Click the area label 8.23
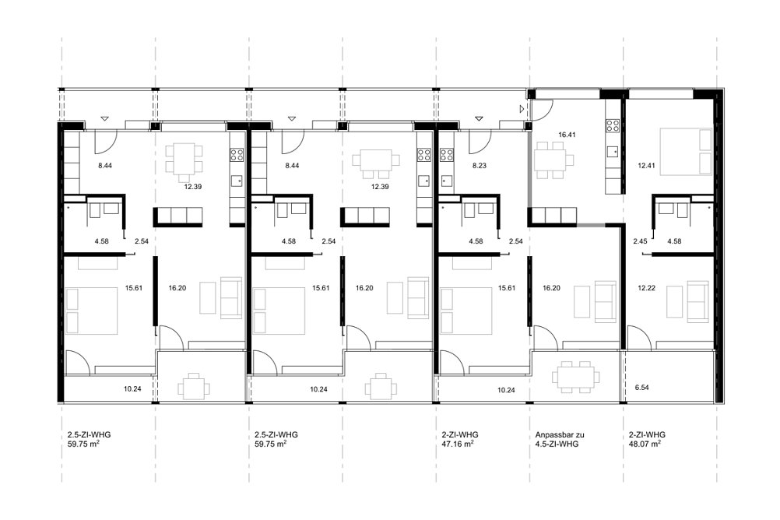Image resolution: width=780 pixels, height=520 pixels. (x=479, y=166)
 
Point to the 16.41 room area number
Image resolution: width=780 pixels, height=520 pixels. (x=567, y=135)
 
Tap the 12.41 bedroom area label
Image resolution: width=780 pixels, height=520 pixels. (x=646, y=166)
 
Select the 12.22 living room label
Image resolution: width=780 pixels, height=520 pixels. (x=646, y=287)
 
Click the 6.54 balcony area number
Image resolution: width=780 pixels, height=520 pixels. (x=642, y=387)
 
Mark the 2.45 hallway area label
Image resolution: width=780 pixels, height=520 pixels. (x=640, y=241)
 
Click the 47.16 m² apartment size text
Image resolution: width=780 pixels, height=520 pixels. (x=457, y=444)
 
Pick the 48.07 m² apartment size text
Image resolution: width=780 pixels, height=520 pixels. (x=645, y=444)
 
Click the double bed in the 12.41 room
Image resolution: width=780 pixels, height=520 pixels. (x=686, y=152)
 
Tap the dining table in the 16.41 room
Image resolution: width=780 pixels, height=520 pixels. (x=553, y=160)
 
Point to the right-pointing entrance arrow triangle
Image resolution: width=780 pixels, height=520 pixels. (x=522, y=108)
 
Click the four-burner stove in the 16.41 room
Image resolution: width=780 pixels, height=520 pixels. (x=613, y=125)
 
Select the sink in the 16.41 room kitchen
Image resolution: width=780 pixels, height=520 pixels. (x=613, y=149)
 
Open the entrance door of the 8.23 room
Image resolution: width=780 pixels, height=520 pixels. (x=476, y=142)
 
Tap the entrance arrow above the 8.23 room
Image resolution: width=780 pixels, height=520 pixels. (x=479, y=118)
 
